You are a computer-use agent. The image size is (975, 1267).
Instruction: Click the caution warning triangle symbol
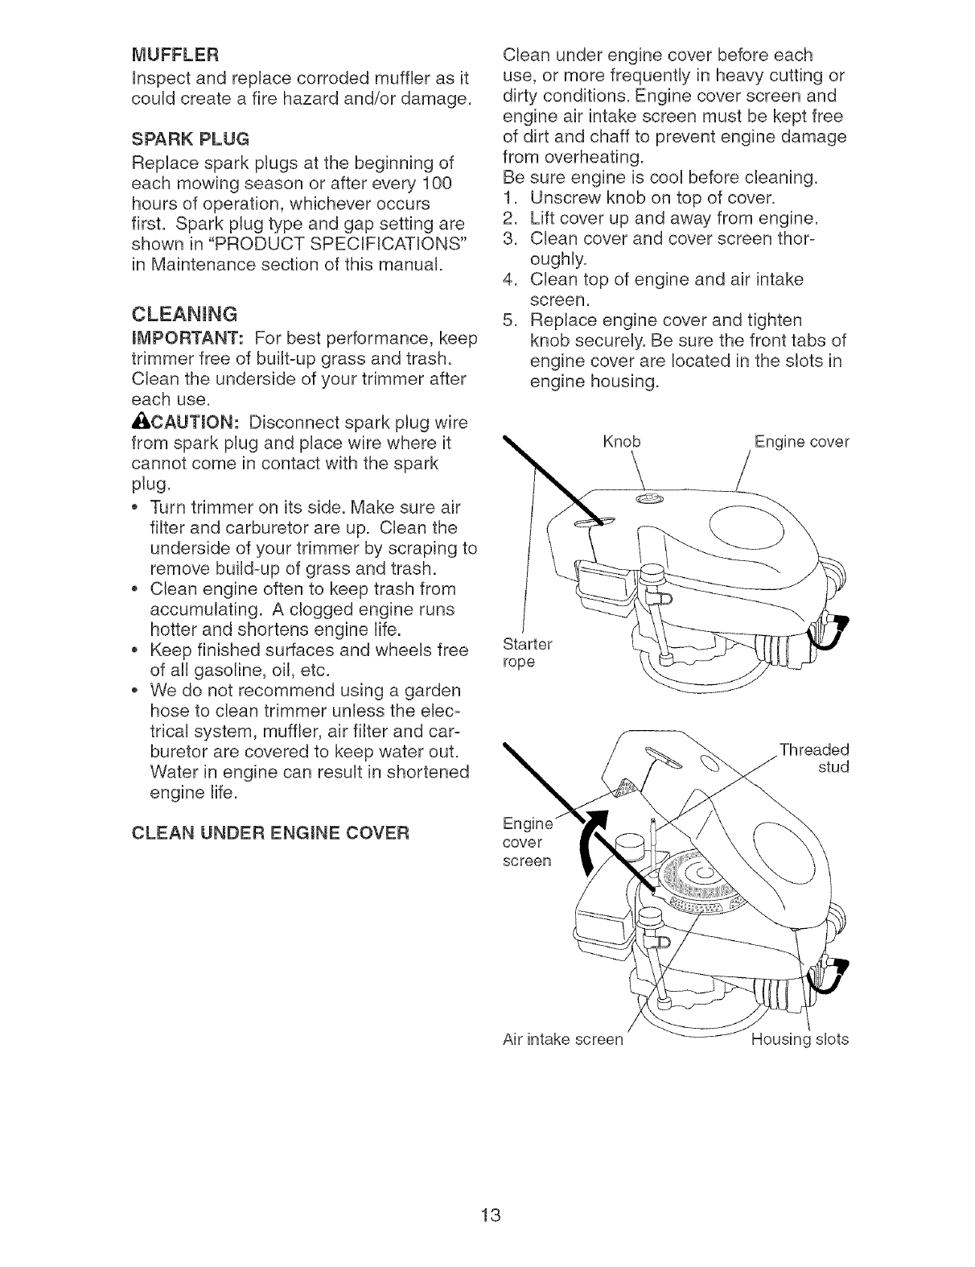click(138, 423)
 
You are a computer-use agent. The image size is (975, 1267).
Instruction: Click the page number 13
click(487, 1215)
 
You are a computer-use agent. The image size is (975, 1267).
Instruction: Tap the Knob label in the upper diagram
click(621, 442)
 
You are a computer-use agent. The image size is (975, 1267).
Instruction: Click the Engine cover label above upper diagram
click(801, 442)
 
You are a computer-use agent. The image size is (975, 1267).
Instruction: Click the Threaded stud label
click(814, 757)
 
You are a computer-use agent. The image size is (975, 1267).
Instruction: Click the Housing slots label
click(800, 1039)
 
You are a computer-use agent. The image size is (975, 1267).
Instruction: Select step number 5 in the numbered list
click(508, 320)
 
